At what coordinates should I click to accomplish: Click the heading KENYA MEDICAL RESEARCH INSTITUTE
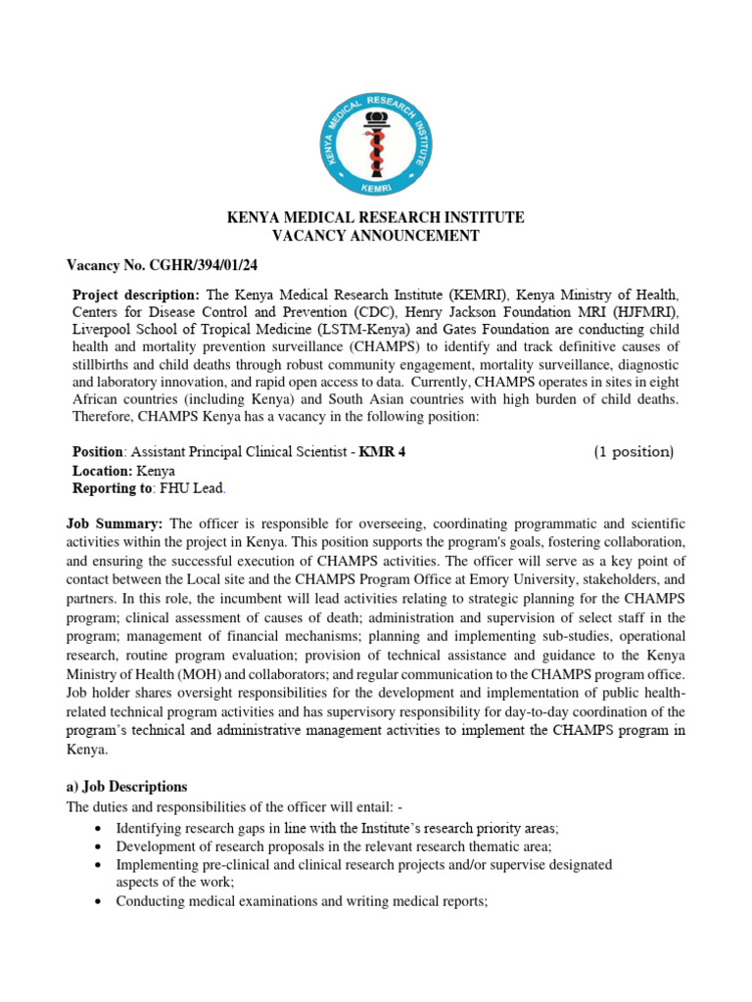pyautogui.click(x=376, y=217)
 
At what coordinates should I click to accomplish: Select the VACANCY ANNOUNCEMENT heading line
pyautogui.click(x=376, y=236)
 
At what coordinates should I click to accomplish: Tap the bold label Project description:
pyautogui.click(x=136, y=295)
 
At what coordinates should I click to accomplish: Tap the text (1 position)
pyautogui.click(x=634, y=452)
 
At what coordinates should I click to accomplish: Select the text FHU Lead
pyautogui.click(x=200, y=487)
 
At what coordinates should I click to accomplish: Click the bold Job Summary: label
pyautogui.click(x=115, y=524)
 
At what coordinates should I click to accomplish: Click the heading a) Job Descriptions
pyautogui.click(x=126, y=787)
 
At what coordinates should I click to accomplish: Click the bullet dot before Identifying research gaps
pyautogui.click(x=102, y=829)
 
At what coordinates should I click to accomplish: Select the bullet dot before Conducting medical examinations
pyautogui.click(x=102, y=900)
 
